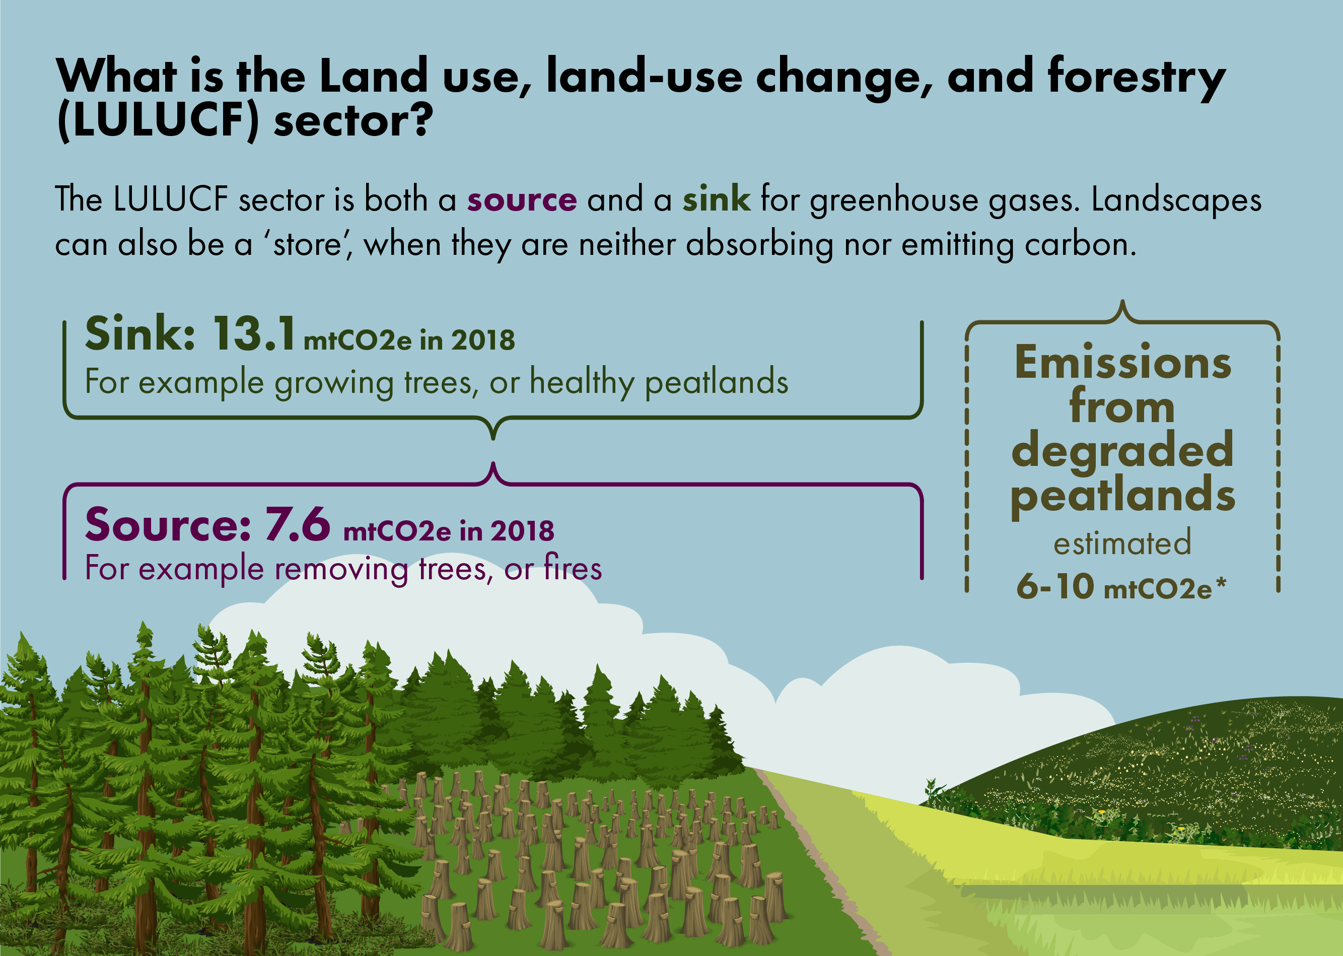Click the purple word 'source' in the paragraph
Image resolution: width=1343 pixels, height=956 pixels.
click(521, 200)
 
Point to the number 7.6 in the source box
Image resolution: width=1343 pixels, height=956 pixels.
click(297, 524)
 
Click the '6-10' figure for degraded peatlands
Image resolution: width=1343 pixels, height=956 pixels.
click(1055, 586)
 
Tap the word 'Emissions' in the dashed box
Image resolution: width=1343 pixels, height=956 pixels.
click(1123, 363)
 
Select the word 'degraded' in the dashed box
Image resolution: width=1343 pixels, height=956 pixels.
click(1122, 450)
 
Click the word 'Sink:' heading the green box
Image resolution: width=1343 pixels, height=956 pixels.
click(140, 334)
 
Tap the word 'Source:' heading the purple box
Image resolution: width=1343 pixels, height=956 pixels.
click(168, 524)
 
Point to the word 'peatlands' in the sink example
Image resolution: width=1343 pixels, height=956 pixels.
click(716, 383)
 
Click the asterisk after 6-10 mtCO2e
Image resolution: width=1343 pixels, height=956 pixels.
click(1221, 583)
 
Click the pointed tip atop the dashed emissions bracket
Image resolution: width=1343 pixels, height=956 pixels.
click(1123, 303)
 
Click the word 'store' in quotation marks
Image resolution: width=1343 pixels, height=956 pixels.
click(307, 244)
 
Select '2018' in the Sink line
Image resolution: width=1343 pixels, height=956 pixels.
click(482, 340)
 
